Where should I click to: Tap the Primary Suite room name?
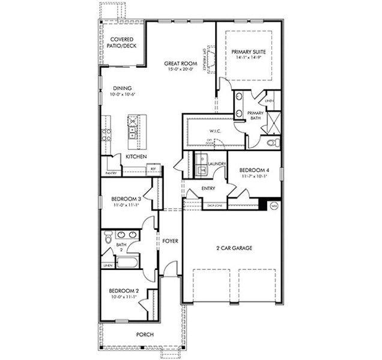click(248, 52)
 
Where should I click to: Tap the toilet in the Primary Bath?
click(272, 143)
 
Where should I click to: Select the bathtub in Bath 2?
click(127, 262)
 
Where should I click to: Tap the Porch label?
click(145, 335)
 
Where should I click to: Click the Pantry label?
click(110, 173)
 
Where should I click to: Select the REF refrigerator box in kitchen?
click(153, 169)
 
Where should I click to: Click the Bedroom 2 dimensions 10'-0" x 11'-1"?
click(124, 297)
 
